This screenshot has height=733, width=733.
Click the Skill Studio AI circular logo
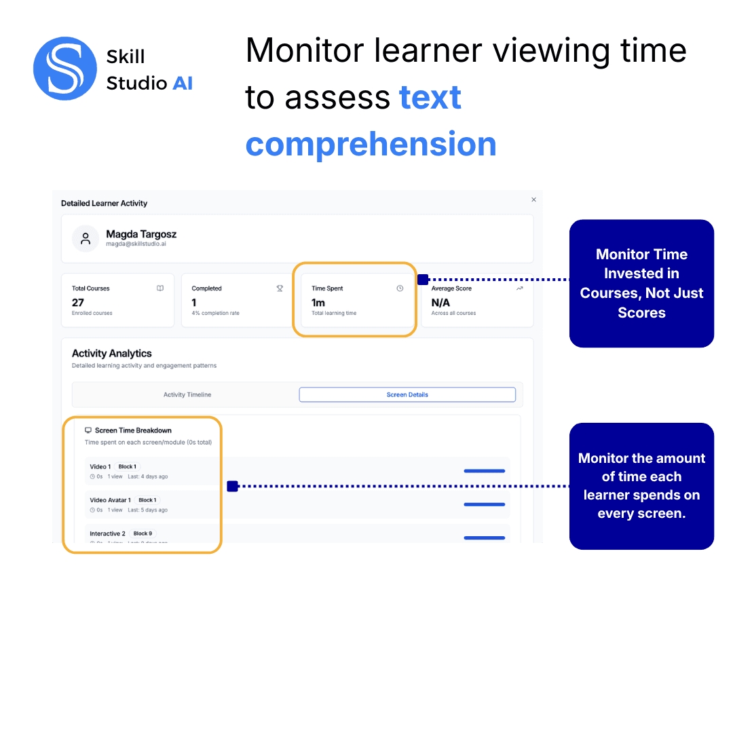click(x=65, y=69)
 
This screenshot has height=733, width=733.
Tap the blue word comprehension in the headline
click(x=371, y=144)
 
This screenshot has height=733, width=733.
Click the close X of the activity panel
click(x=533, y=200)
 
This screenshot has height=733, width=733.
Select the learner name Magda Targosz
click(x=141, y=234)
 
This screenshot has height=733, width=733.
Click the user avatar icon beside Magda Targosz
click(x=86, y=239)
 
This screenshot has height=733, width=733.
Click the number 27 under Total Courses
click(x=78, y=303)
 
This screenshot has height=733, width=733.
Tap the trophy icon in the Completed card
click(x=280, y=288)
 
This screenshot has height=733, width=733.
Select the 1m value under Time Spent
click(x=318, y=303)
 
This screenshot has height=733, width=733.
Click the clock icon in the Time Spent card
click(x=400, y=288)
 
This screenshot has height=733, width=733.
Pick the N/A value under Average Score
click(x=440, y=303)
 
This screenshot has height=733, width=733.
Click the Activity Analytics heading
click(x=111, y=354)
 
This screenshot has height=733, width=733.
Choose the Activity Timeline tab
click(x=187, y=394)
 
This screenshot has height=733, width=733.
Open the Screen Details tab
click(x=407, y=394)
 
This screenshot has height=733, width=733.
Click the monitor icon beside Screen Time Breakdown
click(x=88, y=430)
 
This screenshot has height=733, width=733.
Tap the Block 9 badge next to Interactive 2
click(x=143, y=533)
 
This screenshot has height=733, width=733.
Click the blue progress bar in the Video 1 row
click(x=485, y=471)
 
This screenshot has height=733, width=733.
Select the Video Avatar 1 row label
click(x=110, y=500)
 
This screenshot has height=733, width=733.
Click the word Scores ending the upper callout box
click(x=641, y=313)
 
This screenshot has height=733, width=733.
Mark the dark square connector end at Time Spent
click(x=422, y=279)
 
